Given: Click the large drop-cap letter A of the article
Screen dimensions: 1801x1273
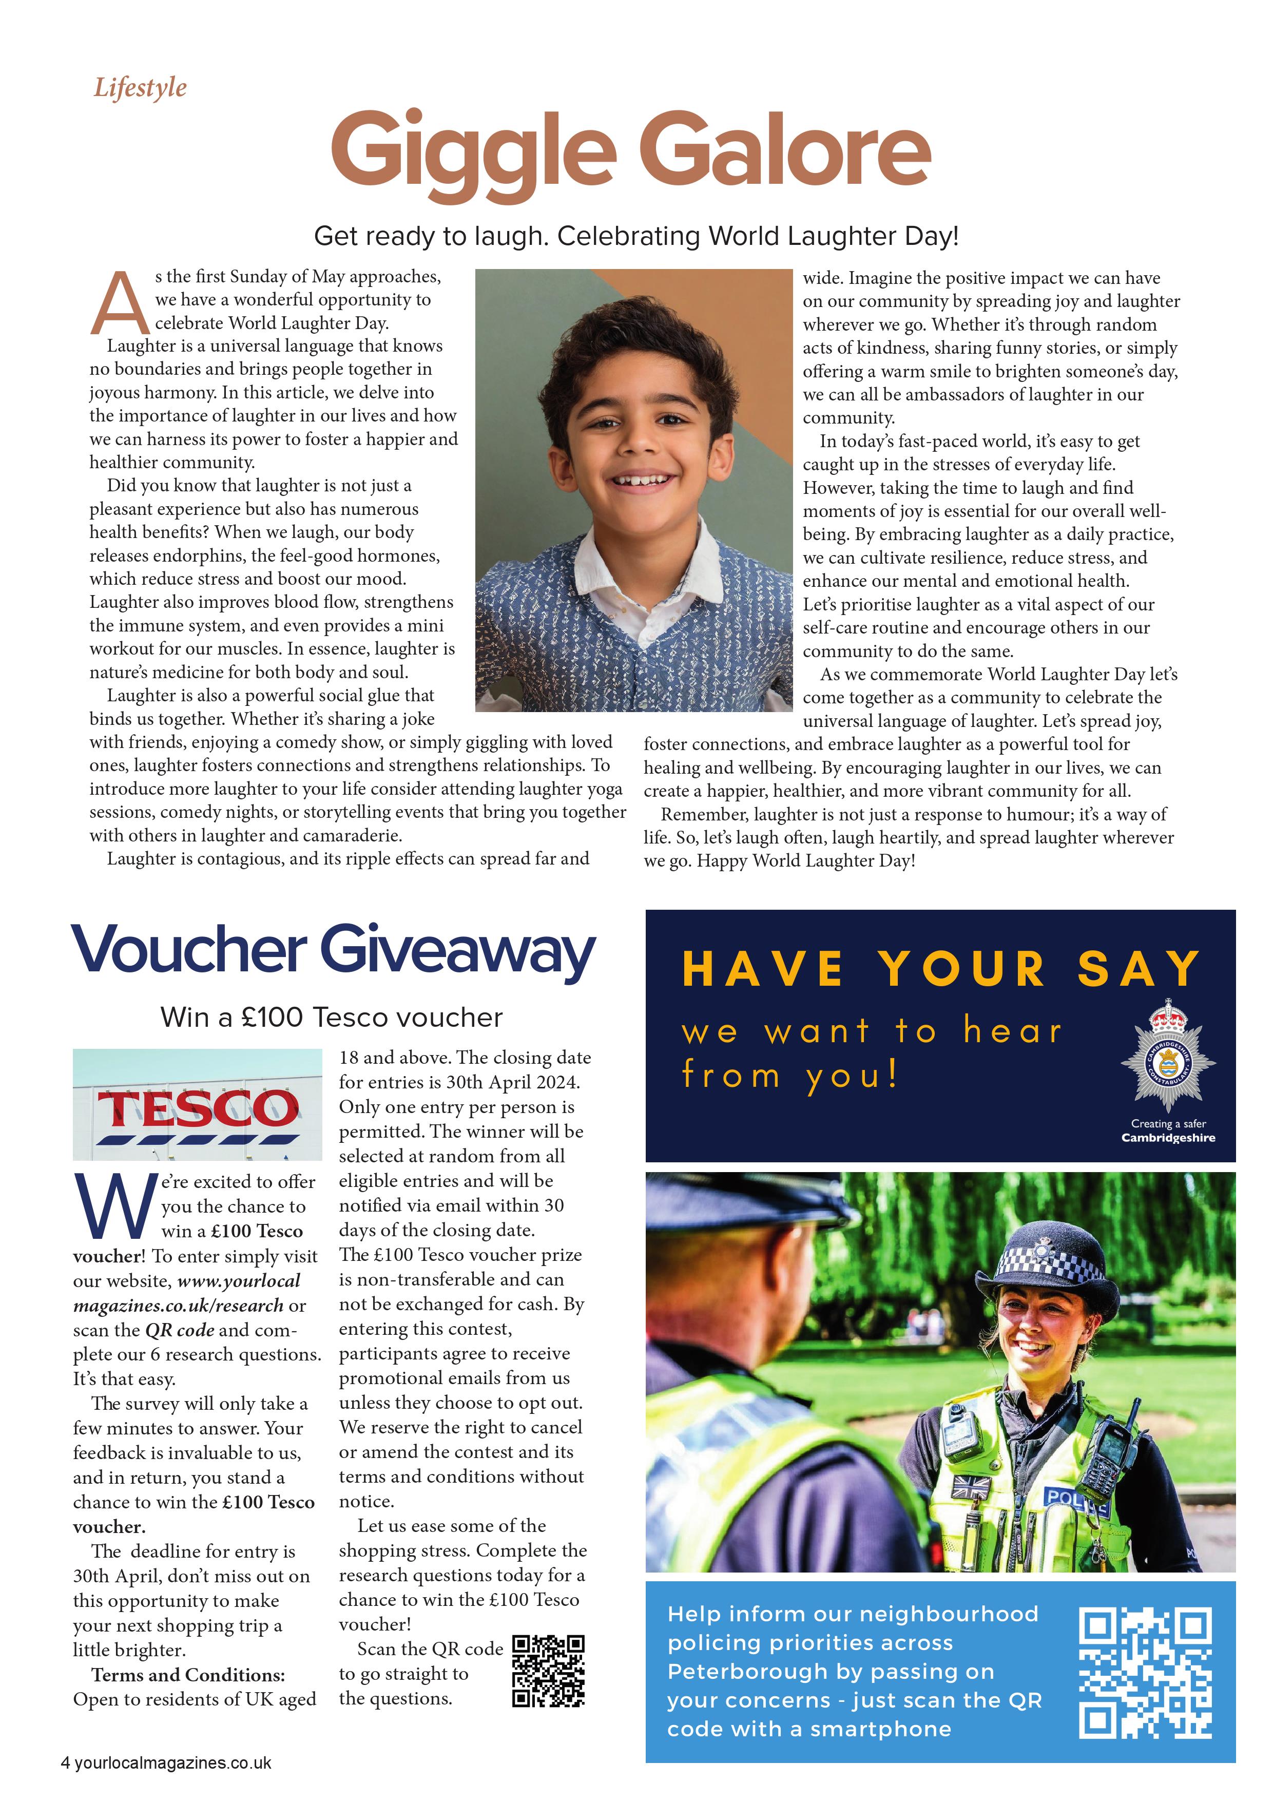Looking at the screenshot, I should pos(119,302).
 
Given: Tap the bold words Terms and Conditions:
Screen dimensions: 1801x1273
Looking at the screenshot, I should pos(188,1675).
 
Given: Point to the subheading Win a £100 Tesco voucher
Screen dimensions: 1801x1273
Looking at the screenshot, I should pos(331,1018).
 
